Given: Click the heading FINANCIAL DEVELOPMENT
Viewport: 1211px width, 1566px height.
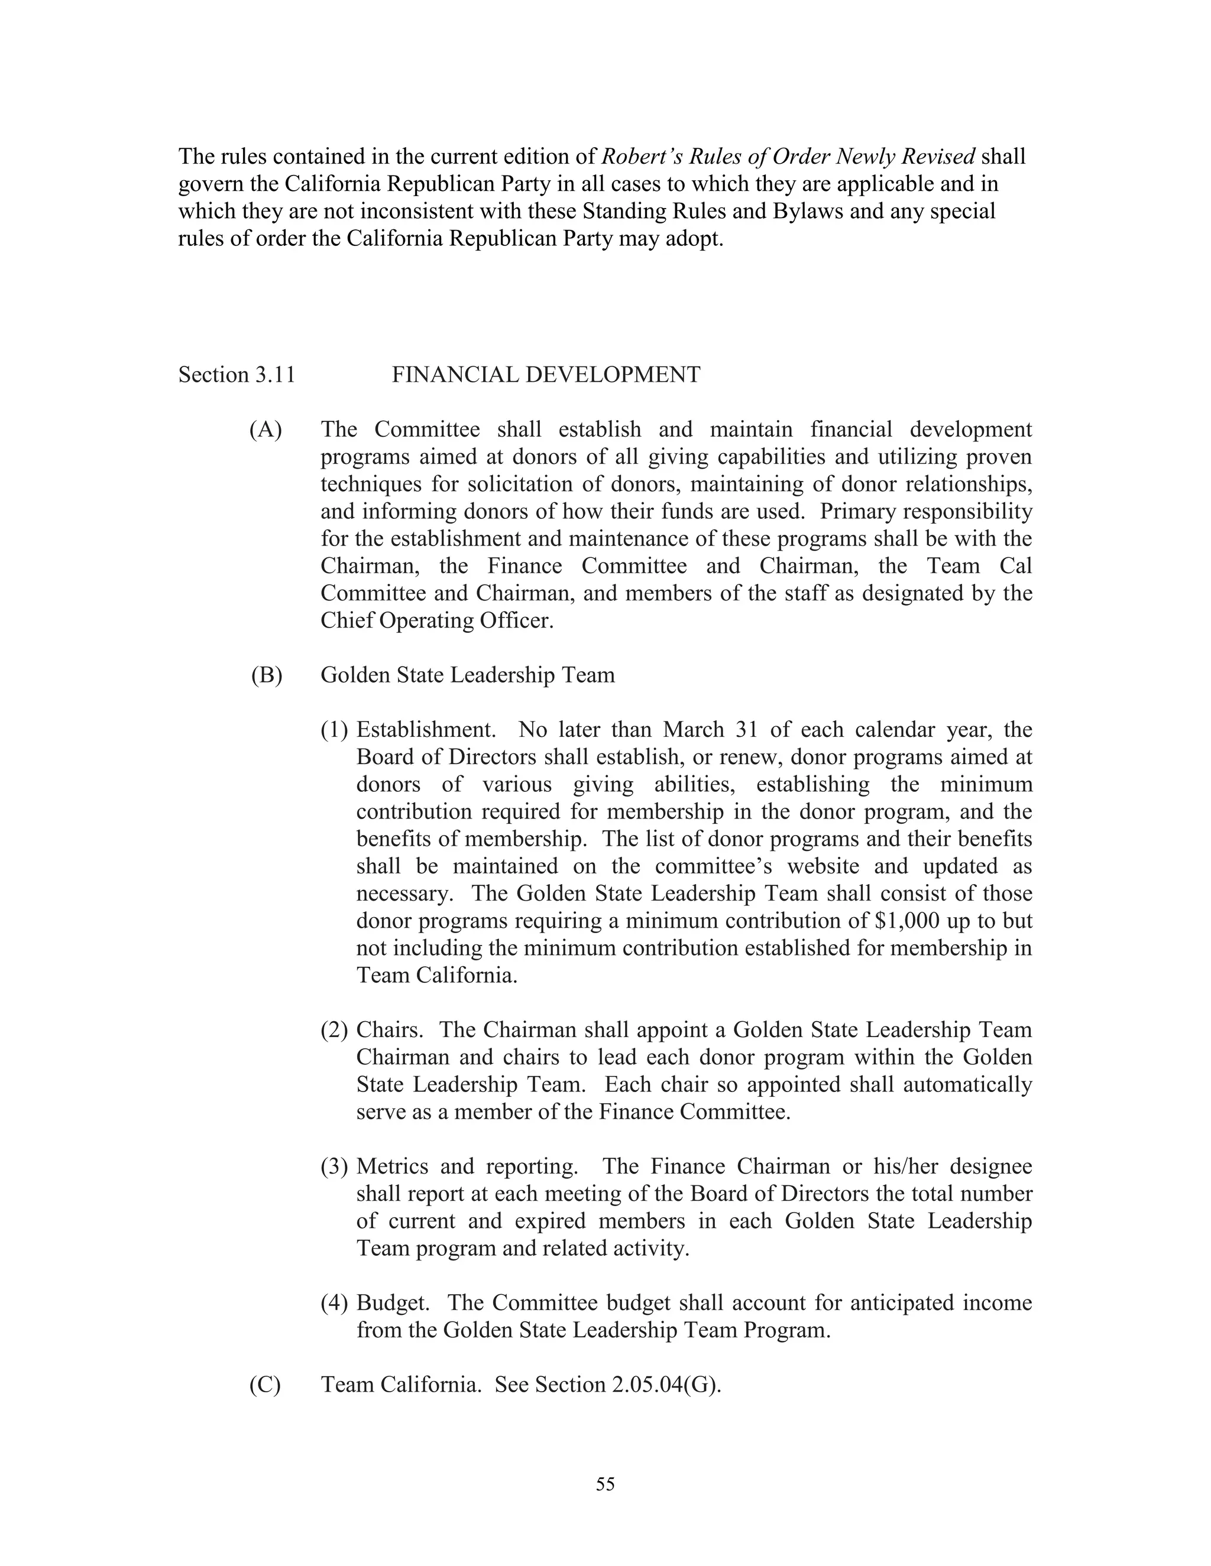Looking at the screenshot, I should tap(545, 375).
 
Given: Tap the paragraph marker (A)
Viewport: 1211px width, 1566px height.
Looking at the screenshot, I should tap(265, 430).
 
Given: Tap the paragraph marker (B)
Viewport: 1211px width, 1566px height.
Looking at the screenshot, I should tap(266, 675).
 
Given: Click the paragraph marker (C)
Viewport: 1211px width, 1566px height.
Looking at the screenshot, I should tap(265, 1385).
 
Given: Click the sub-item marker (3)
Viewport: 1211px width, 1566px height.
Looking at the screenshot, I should tap(333, 1167).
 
